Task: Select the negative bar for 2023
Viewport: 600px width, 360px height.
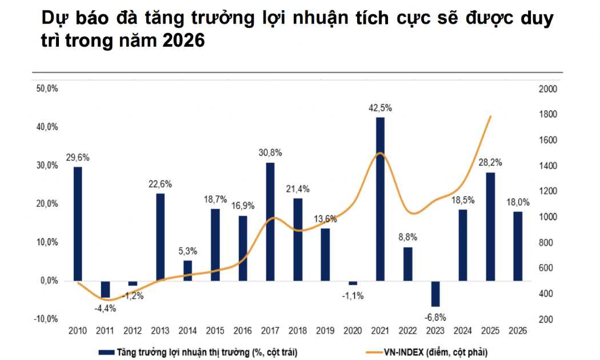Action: pos(435,294)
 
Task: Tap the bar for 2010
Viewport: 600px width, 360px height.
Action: pos(78,223)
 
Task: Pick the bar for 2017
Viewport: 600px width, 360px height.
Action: pos(270,221)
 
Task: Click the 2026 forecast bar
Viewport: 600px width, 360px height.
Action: pos(518,246)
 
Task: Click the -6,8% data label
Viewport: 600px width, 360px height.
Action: pos(435,317)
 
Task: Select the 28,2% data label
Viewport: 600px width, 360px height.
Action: pos(490,162)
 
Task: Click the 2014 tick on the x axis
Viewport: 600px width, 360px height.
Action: pos(187,331)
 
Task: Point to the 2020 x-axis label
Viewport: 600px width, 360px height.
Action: pos(353,331)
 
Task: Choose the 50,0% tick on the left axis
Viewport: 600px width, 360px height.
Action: pos(47,89)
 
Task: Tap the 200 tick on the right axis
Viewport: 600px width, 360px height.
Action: pos(545,319)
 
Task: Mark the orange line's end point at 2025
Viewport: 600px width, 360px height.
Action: pos(491,116)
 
